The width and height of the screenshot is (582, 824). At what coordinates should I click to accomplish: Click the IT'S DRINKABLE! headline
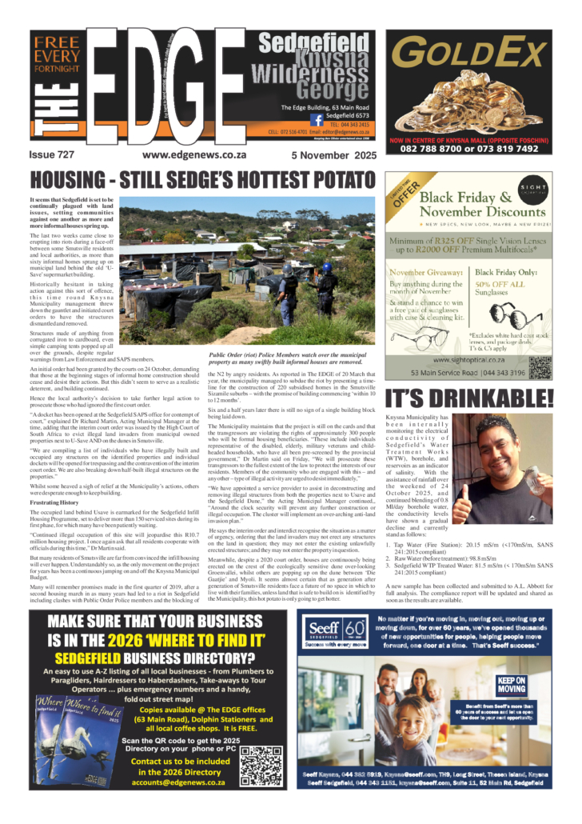tap(469, 398)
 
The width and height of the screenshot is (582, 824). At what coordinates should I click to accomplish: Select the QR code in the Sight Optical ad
tap(540, 368)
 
